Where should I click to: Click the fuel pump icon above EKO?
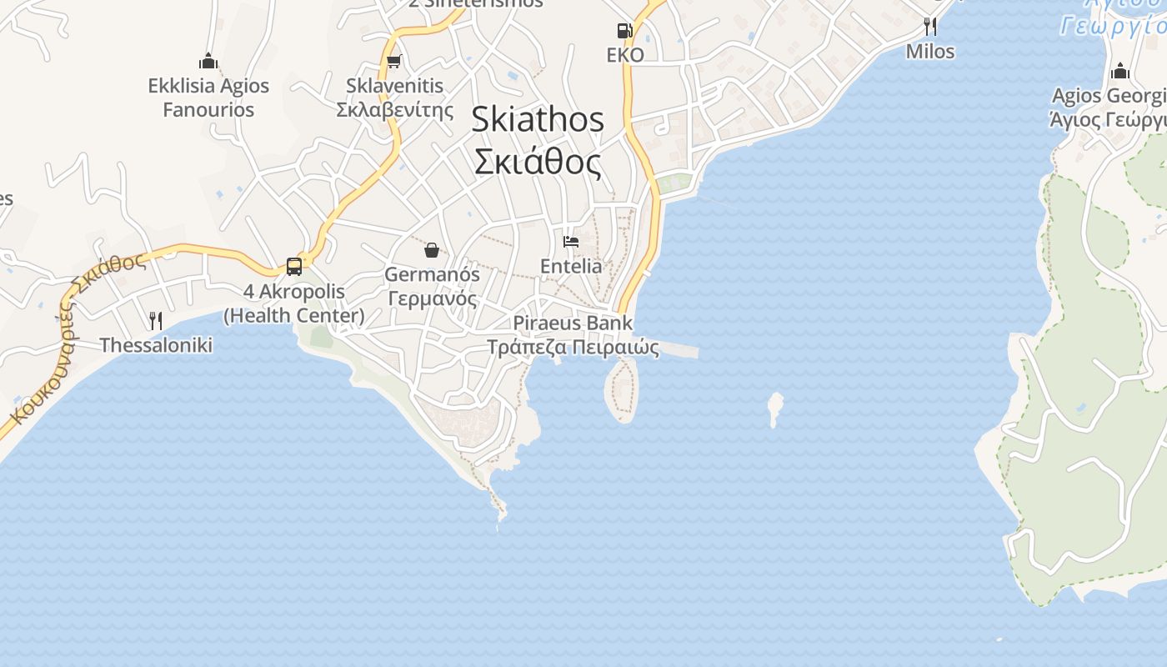[624, 31]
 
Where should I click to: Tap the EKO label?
[625, 55]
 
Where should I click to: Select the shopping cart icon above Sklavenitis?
[394, 61]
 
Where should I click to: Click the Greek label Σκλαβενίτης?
[394, 109]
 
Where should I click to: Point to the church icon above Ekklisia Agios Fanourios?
[208, 61]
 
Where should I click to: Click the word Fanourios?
[208, 109]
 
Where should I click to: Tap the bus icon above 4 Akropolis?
[294, 267]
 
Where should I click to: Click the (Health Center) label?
[294, 315]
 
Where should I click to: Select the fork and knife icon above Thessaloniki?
[156, 320]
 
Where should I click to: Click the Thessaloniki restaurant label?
[156, 345]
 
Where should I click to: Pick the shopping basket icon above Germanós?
[432, 249]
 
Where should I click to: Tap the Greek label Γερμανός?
[432, 298]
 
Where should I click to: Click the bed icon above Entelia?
[571, 242]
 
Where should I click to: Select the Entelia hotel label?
[571, 266]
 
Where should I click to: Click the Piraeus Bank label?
[573, 323]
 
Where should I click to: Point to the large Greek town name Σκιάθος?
[538, 162]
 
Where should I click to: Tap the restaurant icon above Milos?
[930, 27]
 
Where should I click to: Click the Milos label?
[930, 51]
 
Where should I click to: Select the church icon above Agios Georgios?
[1120, 70]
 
